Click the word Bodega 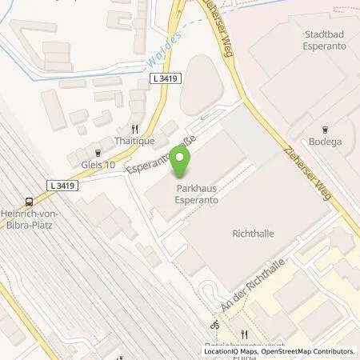tap(325, 142)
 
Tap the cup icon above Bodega tap(325, 129)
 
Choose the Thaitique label tap(134, 139)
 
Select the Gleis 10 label tap(98, 165)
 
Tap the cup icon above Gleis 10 tap(98, 152)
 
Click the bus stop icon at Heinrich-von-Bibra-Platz tap(30, 202)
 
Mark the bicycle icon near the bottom tap(214, 326)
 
